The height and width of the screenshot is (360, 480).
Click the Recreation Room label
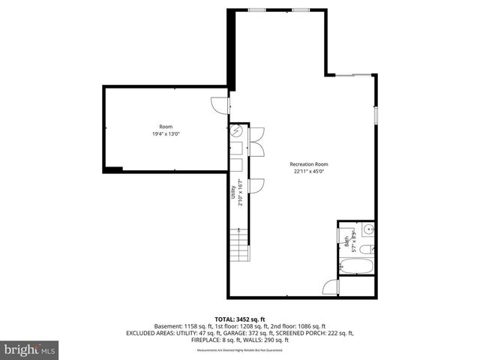[x=309, y=164]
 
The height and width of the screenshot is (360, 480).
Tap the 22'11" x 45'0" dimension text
[x=309, y=171]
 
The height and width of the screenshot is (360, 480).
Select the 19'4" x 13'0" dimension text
[x=165, y=133]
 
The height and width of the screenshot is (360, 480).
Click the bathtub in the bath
[x=356, y=265]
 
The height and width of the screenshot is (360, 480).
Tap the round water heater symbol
[x=237, y=132]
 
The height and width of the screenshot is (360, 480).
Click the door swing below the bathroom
[x=330, y=287]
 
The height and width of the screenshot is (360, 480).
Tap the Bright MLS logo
[x=30, y=349]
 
